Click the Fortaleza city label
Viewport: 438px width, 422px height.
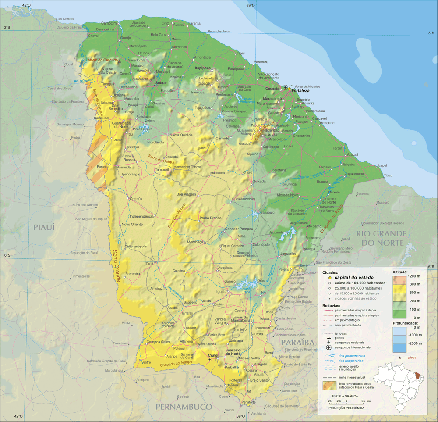pos(300,90)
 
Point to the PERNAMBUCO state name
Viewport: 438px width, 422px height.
pos(184,407)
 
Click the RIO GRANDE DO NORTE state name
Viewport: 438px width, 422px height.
pos(381,238)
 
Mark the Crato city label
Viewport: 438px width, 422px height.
pos(213,355)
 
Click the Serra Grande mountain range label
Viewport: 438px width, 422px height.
pos(117,266)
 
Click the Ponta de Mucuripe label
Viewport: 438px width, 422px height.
pos(305,86)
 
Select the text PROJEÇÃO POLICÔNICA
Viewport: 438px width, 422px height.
pos(346,408)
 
